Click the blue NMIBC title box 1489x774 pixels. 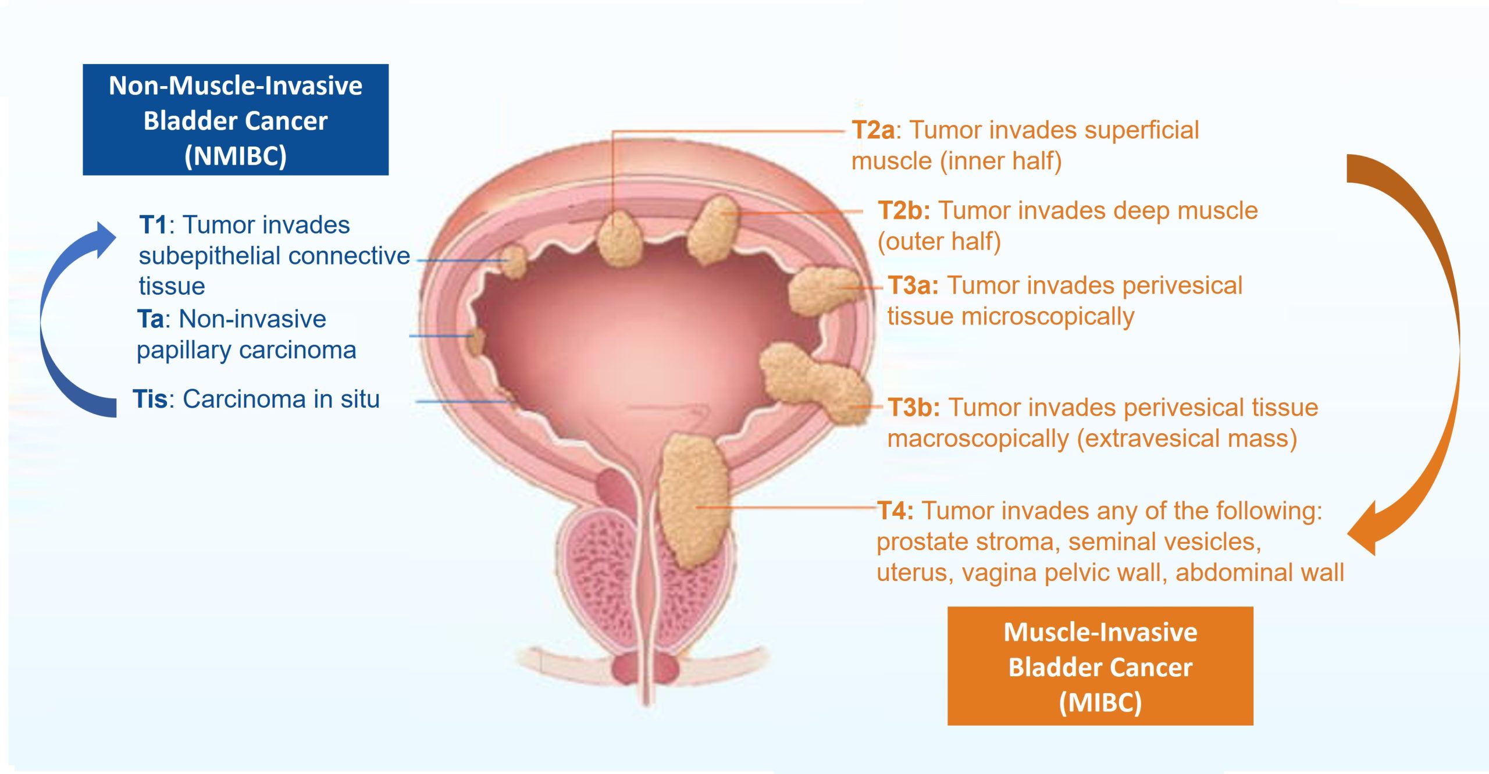pos(235,119)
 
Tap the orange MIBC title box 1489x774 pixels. pos(1100,666)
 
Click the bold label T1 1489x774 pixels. pos(153,225)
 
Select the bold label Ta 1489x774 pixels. pos(150,319)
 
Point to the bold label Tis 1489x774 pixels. pos(149,400)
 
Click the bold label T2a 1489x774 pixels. pos(872,130)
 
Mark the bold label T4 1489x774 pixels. pos(895,511)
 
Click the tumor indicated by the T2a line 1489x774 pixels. pos(619,238)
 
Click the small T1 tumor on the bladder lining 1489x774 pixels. pos(514,261)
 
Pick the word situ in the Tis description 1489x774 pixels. pos(360,400)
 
